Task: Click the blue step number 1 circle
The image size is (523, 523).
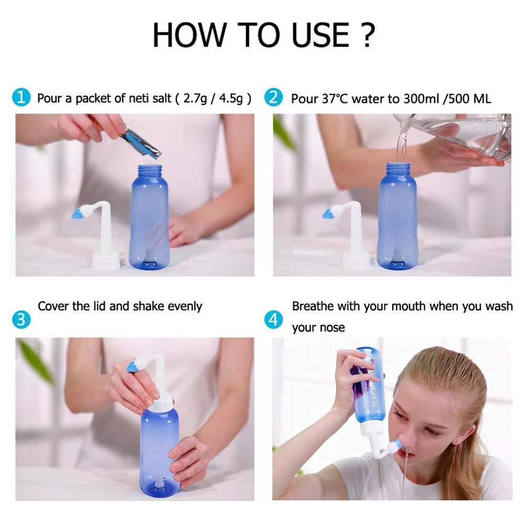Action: pyautogui.click(x=21, y=97)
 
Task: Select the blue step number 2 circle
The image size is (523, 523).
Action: pyautogui.click(x=273, y=97)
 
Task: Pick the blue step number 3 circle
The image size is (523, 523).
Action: pyautogui.click(x=21, y=319)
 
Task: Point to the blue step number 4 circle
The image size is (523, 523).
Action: pyautogui.click(x=273, y=319)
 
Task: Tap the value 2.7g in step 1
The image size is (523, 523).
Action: pyautogui.click(x=196, y=98)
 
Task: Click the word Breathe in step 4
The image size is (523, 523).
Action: pyautogui.click(x=312, y=306)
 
